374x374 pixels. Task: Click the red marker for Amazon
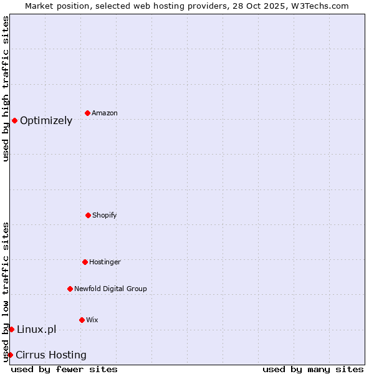click(87, 113)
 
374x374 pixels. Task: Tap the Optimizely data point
click(14, 120)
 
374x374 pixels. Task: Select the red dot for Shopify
click(88, 215)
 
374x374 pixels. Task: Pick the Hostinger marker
click(85, 262)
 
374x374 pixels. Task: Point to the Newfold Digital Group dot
click(70, 289)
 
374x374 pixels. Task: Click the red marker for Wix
click(82, 320)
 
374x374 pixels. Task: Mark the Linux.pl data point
click(11, 329)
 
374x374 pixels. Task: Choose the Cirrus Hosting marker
click(10, 355)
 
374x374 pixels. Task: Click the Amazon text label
click(105, 113)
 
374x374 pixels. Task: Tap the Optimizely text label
click(46, 120)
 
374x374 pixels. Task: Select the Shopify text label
click(105, 215)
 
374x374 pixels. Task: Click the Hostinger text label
click(105, 262)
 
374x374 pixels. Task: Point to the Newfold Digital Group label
click(110, 289)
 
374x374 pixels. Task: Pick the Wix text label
click(92, 320)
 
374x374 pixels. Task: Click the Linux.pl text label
click(36, 329)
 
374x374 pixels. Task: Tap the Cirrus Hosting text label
click(51, 355)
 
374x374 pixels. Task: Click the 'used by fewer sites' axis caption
click(64, 369)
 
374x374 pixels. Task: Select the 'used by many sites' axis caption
click(313, 369)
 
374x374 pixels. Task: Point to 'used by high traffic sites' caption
click(6, 89)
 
